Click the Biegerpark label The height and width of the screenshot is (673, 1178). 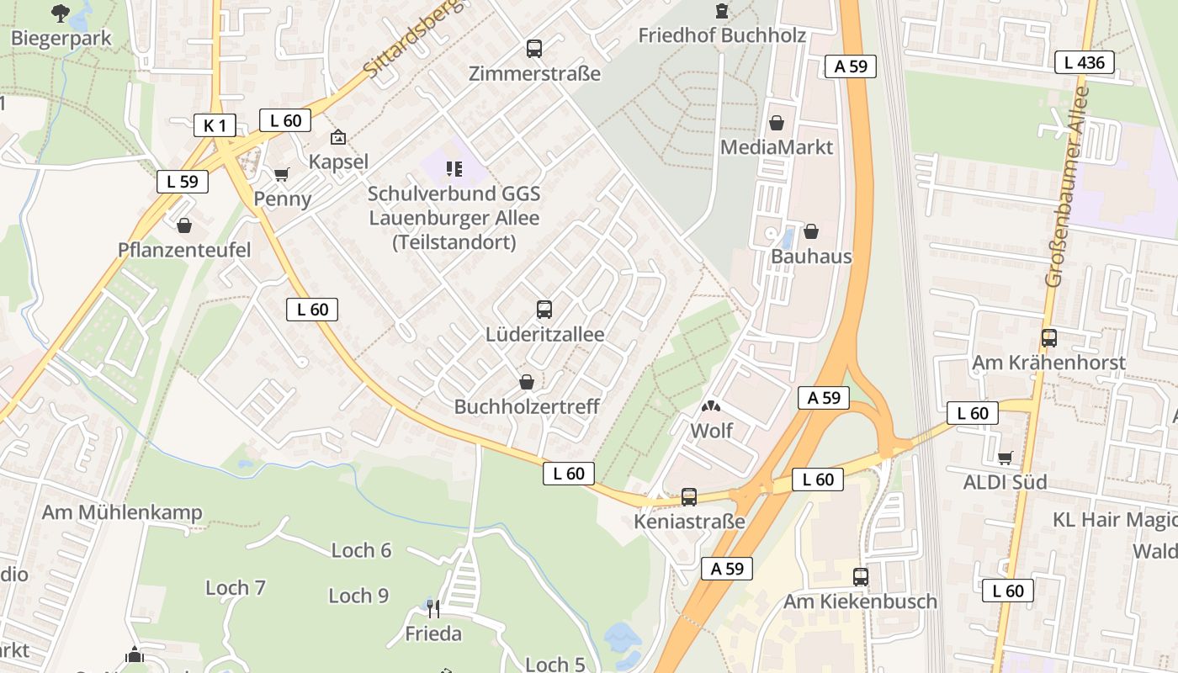coord(61,39)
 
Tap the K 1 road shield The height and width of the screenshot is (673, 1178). coord(215,126)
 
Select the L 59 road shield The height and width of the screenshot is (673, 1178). coord(182,181)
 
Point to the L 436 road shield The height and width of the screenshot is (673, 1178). coord(1085,61)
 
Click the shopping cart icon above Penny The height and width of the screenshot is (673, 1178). coord(281,175)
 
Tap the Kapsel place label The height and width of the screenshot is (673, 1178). coord(338,162)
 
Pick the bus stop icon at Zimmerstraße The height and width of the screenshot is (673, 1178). coord(534,49)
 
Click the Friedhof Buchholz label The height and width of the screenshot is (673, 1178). coord(722,35)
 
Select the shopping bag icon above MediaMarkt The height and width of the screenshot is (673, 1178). coord(777,124)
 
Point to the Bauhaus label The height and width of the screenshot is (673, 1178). coord(811,257)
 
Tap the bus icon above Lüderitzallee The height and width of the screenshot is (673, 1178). coord(544,309)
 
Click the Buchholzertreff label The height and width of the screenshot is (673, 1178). coord(527,406)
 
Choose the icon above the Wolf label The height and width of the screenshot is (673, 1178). coord(711,407)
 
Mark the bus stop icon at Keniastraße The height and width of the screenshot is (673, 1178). coord(689,497)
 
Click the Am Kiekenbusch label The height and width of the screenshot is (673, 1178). coord(860,601)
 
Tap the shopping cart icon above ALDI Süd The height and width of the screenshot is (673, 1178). coord(1005,458)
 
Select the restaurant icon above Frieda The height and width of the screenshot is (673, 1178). coord(433,607)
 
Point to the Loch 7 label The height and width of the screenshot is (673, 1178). coord(236,587)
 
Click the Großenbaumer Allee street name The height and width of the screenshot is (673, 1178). coord(1067,187)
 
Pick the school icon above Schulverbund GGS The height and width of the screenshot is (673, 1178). coord(454,169)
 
